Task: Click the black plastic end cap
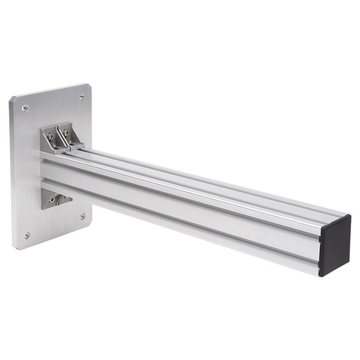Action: [334, 245]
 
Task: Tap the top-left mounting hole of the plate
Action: [25, 109]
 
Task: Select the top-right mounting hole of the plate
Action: [82, 96]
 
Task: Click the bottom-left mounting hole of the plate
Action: [27, 236]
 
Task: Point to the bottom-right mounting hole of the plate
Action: [83, 216]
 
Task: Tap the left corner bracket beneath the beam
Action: [50, 199]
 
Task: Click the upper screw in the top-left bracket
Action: [50, 136]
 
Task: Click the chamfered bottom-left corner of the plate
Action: [14, 246]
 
